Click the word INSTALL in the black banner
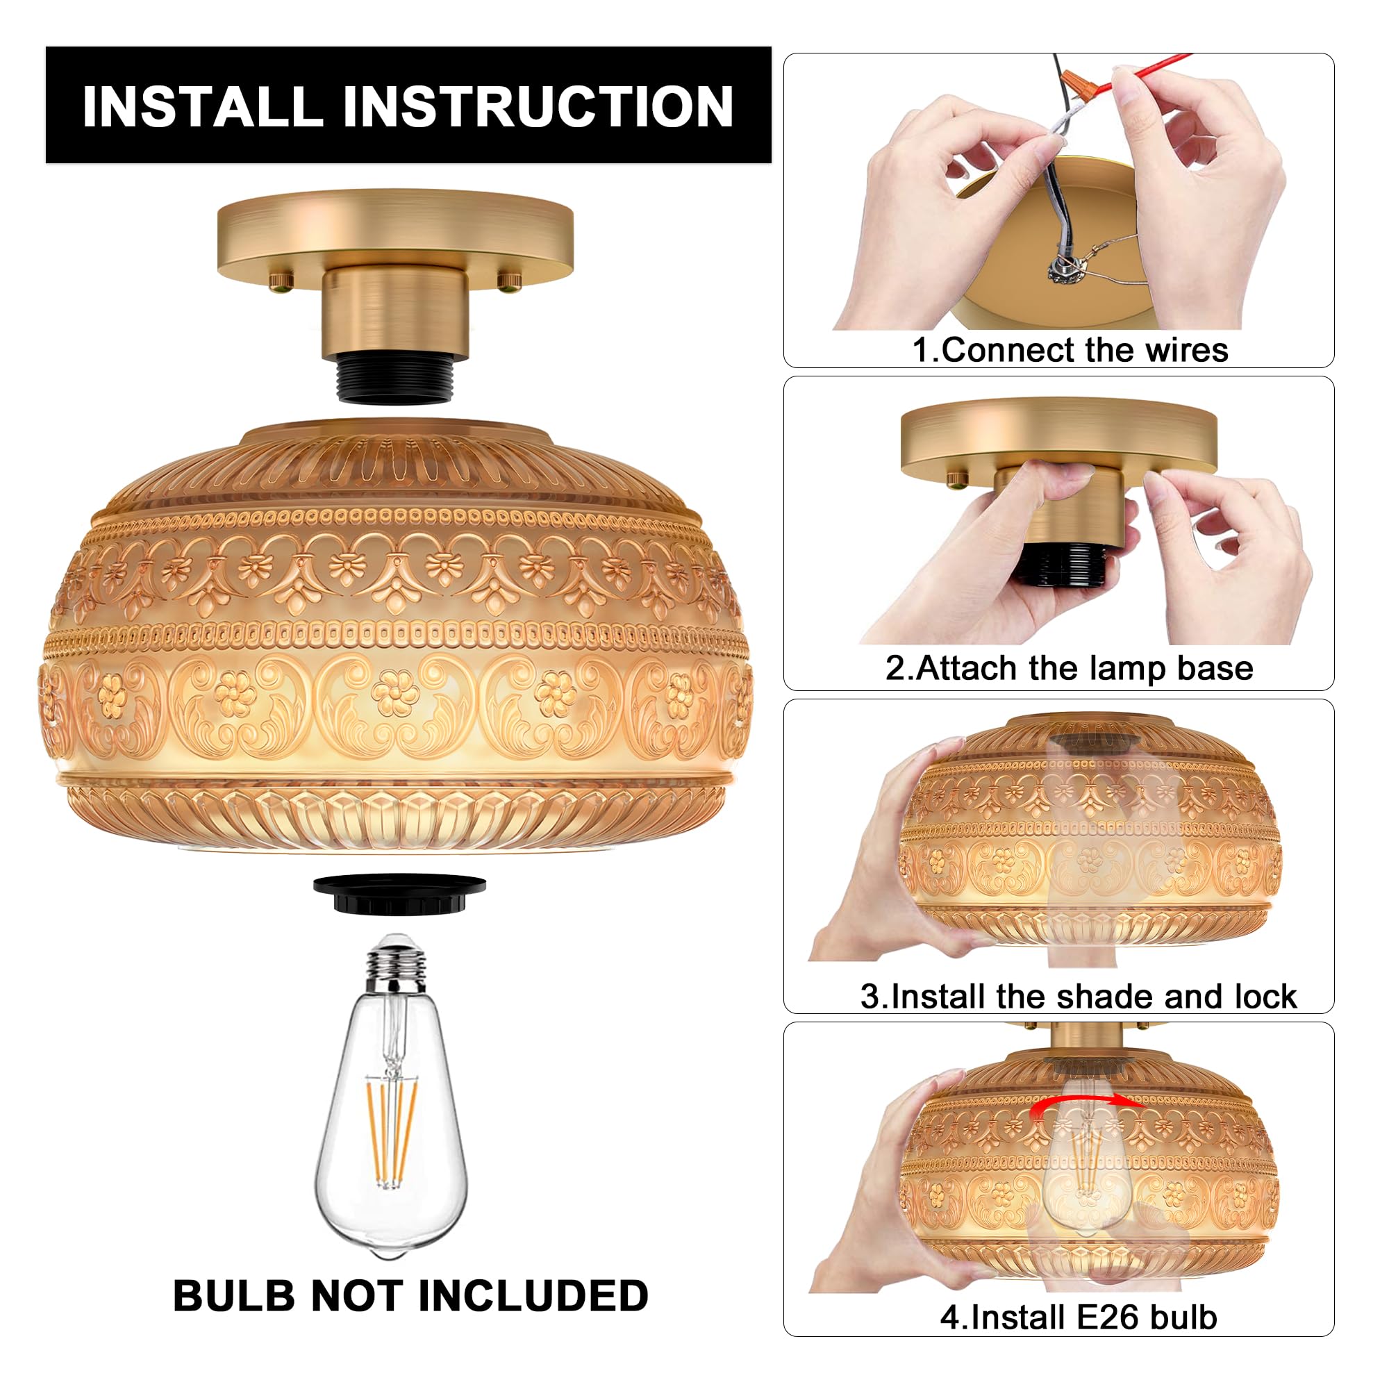coord(202,106)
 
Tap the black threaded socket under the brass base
coord(394,380)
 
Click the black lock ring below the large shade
coord(400,894)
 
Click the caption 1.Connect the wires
coord(1070,350)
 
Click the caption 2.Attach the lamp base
coord(1069,668)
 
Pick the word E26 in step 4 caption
coord(1110,1317)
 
